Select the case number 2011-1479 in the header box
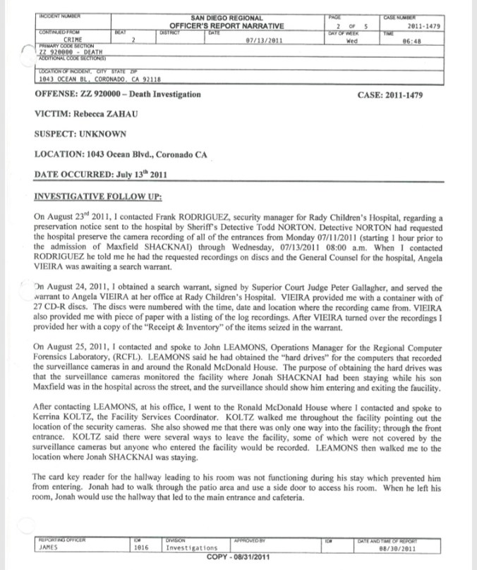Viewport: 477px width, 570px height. (x=424, y=26)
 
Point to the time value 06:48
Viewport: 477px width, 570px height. (x=430, y=40)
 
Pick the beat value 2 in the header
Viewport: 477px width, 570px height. (x=133, y=40)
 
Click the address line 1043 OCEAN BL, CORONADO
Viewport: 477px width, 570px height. (x=99, y=80)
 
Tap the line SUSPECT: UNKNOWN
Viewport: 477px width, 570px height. (x=80, y=133)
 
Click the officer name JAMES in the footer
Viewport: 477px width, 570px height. (x=46, y=546)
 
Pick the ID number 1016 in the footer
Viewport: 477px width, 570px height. (x=141, y=546)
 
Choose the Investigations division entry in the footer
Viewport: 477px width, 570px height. (x=191, y=546)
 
